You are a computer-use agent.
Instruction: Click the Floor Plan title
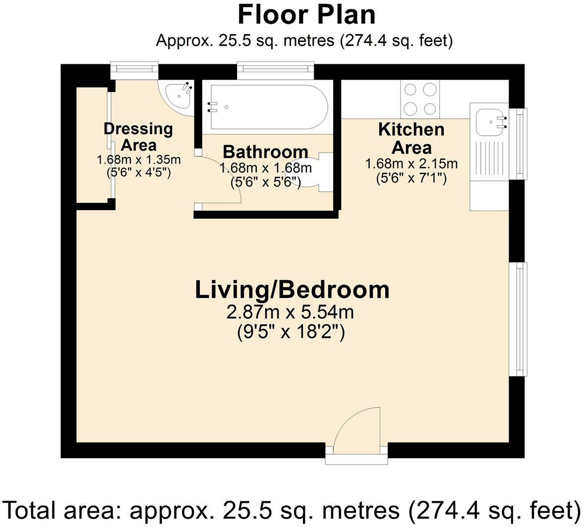point(306,15)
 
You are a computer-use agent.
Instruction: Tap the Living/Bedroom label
point(292,290)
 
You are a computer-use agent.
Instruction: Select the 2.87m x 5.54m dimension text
point(290,313)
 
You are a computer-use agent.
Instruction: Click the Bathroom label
point(266,152)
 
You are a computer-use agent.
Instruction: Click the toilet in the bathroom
point(319,171)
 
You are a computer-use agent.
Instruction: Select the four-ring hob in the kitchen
point(420,99)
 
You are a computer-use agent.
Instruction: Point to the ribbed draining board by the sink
point(489,160)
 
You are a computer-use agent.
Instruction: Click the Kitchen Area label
point(411,139)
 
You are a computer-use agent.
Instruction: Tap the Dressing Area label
point(138,137)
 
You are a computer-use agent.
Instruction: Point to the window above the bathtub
point(275,70)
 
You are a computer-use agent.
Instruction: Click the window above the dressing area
point(134,70)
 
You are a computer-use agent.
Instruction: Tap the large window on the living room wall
point(519,319)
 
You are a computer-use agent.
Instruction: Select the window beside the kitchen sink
point(519,144)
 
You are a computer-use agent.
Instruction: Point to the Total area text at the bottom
point(291,510)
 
